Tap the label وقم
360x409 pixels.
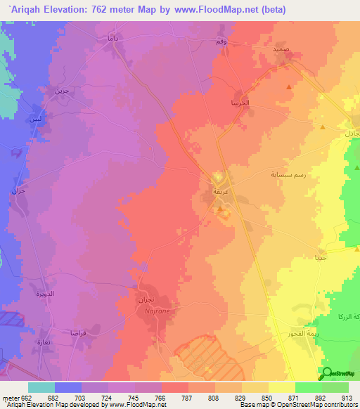point(220,42)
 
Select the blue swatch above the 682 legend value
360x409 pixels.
point(68,387)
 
